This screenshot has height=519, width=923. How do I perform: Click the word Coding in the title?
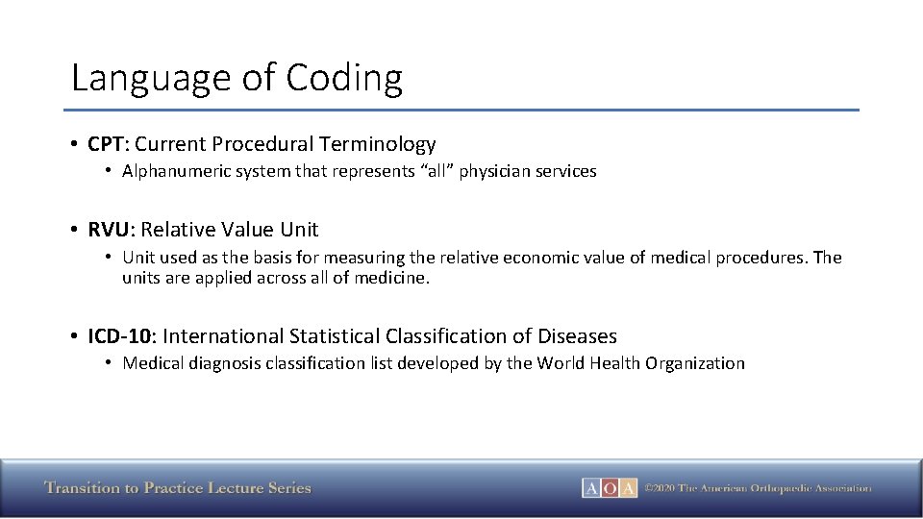[x=345, y=78]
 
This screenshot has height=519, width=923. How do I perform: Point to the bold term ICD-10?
[x=121, y=336]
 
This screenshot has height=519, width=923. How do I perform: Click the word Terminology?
[x=378, y=144]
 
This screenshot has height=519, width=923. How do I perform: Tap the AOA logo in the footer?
[x=610, y=488]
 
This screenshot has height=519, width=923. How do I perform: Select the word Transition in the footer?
[x=83, y=488]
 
